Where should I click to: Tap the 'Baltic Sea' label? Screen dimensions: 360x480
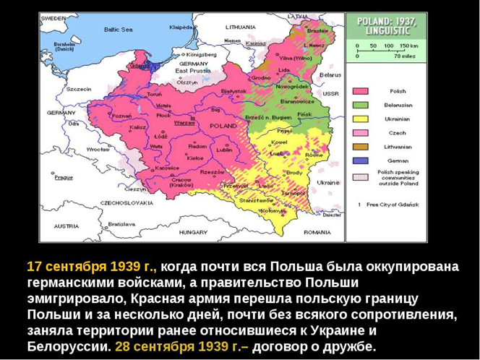point(119,30)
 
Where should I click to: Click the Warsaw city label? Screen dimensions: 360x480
point(185,123)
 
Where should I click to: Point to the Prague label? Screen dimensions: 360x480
point(64,177)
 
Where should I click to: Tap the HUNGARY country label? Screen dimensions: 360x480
point(193,232)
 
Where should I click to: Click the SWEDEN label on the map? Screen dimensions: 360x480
point(52,17)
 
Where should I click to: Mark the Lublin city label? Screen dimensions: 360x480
point(224,150)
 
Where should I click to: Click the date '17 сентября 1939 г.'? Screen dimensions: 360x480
point(90,266)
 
